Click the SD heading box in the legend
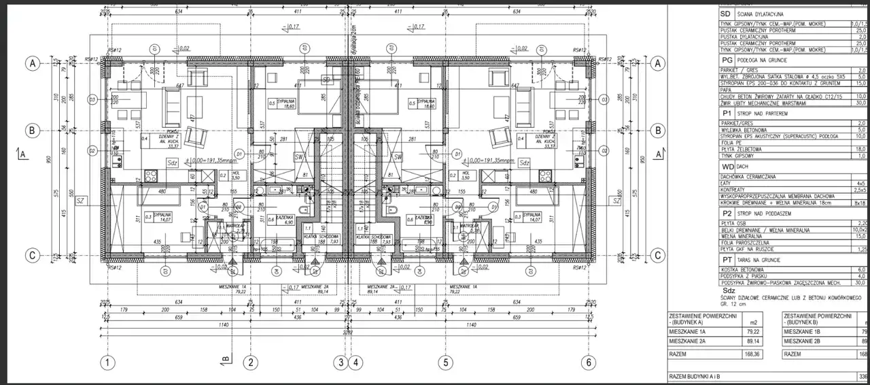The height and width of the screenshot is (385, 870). [725, 14]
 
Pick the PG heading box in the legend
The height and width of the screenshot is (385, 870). [726, 61]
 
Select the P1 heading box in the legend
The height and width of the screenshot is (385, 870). [727, 113]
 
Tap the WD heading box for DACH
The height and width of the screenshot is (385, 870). [727, 166]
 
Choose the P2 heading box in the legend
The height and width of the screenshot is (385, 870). [727, 213]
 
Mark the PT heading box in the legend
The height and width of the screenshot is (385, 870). [727, 260]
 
